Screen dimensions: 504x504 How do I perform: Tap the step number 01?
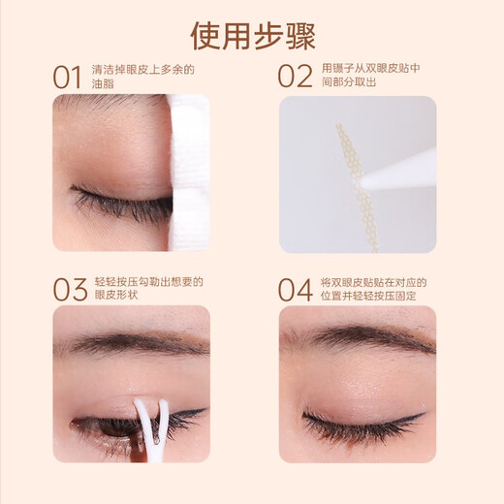point(68,77)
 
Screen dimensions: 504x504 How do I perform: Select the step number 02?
point(296,77)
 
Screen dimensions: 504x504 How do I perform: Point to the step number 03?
point(68,289)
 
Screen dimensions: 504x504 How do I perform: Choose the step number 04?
point(296,289)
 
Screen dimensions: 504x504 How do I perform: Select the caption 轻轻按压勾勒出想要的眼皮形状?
point(145,289)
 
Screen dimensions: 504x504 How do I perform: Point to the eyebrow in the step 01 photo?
point(107,102)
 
